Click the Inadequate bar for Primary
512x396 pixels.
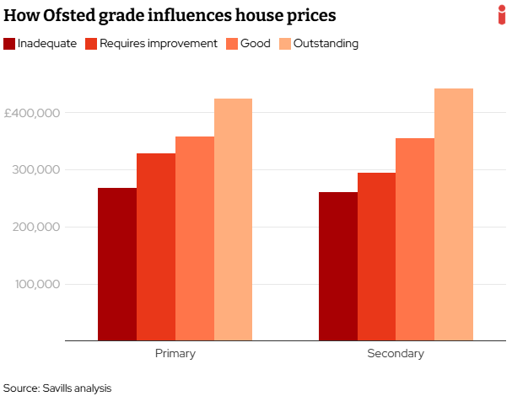click(117, 265)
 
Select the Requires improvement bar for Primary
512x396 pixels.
click(156, 247)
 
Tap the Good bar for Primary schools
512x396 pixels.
click(195, 238)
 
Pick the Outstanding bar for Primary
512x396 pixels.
click(233, 220)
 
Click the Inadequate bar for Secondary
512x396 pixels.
click(338, 266)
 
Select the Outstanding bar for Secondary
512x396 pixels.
click(454, 215)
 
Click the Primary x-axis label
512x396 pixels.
click(175, 354)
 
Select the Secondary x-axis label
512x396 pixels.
click(396, 354)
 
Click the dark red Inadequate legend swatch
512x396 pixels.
click(9, 44)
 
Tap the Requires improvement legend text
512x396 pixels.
click(158, 44)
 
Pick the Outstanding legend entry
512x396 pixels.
click(326, 44)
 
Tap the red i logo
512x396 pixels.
click(502, 14)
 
